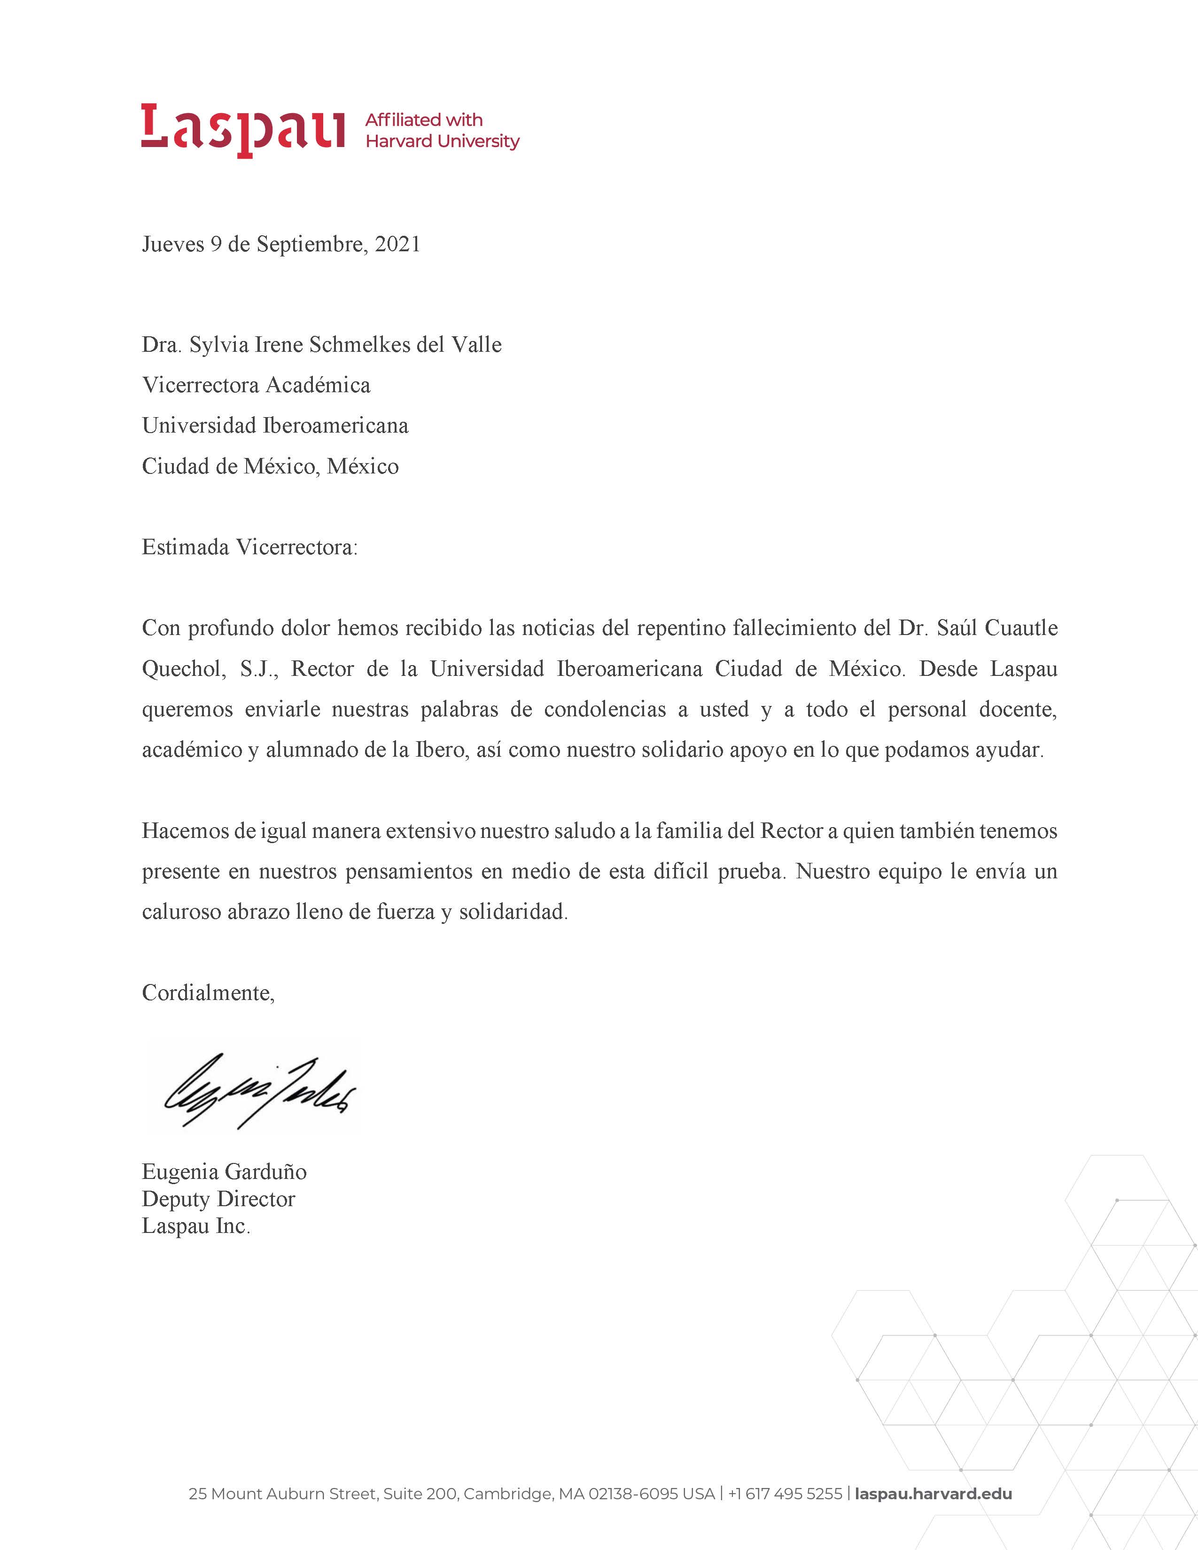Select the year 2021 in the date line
[397, 244]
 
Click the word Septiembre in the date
[311, 244]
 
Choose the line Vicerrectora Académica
[256, 385]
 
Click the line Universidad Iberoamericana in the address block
[275, 426]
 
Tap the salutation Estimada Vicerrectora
[250, 547]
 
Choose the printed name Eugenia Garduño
[224, 1172]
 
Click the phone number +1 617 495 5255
[785, 1494]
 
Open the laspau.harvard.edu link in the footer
[934, 1494]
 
